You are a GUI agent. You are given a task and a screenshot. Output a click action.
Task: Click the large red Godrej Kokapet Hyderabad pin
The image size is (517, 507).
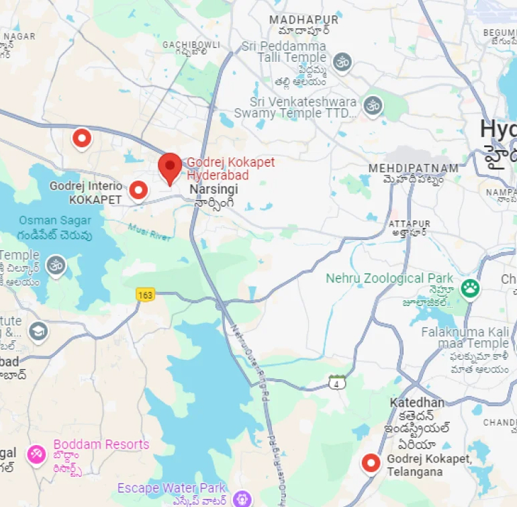(x=170, y=167)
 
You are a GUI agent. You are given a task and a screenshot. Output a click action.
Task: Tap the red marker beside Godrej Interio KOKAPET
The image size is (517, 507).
(x=138, y=191)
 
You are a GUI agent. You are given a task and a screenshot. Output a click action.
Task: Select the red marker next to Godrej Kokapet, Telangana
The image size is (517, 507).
(x=371, y=463)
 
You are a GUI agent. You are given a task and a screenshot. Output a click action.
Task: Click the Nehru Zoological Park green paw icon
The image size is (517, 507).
(x=470, y=288)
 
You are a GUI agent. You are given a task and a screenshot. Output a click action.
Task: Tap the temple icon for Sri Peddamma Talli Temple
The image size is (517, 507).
(x=342, y=63)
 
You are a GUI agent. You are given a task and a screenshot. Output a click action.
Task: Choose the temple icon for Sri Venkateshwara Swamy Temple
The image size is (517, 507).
(x=373, y=105)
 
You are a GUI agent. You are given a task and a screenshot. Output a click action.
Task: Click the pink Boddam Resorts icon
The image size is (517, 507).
(x=36, y=454)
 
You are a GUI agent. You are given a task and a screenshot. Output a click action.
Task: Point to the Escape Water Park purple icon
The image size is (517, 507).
(x=241, y=499)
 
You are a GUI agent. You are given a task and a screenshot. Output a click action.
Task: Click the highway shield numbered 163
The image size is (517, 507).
(x=145, y=295)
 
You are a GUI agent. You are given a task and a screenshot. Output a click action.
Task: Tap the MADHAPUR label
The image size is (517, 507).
(x=304, y=20)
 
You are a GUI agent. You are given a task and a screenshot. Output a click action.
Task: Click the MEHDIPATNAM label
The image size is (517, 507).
(x=414, y=168)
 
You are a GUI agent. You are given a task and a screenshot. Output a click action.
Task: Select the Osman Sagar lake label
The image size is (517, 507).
(x=56, y=221)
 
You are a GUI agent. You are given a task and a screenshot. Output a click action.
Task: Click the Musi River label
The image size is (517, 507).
(x=150, y=231)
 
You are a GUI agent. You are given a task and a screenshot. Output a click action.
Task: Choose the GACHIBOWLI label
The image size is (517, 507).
(x=191, y=44)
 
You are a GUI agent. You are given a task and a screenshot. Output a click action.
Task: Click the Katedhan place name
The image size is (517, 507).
(x=417, y=403)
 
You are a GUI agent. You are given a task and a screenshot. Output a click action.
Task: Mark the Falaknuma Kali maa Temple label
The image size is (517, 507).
(x=465, y=338)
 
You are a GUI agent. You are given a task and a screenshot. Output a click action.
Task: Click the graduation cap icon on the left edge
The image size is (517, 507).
(x=38, y=330)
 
